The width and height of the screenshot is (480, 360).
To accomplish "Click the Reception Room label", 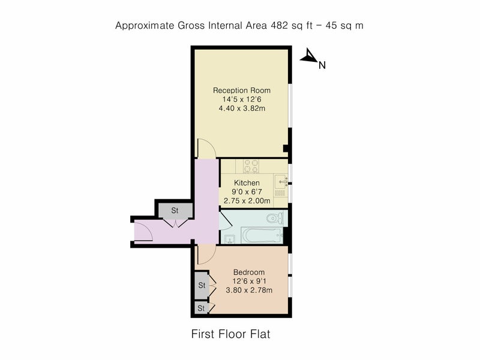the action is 242,91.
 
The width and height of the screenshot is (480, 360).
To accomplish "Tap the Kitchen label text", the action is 247,183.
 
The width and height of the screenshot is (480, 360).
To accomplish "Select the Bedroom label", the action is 249,272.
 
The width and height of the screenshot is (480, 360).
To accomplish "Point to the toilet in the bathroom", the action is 275,218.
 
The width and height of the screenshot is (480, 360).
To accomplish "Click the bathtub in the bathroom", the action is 262,235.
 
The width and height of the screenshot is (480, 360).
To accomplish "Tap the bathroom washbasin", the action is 229,239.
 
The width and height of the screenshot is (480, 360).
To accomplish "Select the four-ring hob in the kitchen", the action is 251,166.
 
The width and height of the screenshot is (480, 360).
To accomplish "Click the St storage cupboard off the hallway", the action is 175,211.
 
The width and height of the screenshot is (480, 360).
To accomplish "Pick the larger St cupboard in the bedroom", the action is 202,286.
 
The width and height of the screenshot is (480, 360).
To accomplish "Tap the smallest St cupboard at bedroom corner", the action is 201,308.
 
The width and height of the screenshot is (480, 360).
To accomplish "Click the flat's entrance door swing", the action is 143,232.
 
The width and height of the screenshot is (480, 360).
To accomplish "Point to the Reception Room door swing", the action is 206,148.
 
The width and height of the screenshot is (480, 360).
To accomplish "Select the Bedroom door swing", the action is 207,254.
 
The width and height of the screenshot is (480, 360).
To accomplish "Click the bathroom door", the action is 226,220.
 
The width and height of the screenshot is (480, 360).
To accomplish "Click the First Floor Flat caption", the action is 231,334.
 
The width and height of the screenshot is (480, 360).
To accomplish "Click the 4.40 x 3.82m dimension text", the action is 242,109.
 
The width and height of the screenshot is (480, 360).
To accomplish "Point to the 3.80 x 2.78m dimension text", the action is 249,290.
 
